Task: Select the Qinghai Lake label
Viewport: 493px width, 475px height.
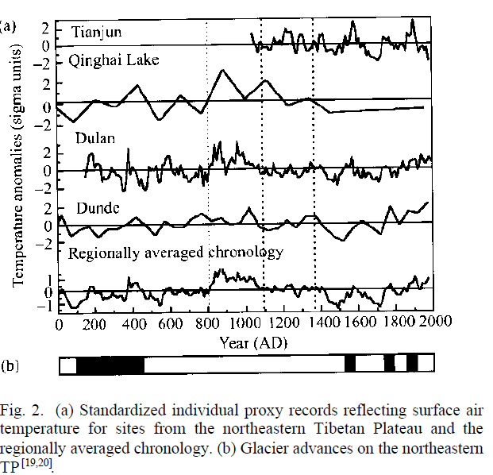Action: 114,60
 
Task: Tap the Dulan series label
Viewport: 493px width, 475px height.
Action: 95,138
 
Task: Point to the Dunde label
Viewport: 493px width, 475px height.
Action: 98,208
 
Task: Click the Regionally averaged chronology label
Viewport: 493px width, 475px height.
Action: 176,253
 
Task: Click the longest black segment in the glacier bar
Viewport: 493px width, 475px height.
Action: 111,365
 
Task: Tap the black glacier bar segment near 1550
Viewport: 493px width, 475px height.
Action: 350,365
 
